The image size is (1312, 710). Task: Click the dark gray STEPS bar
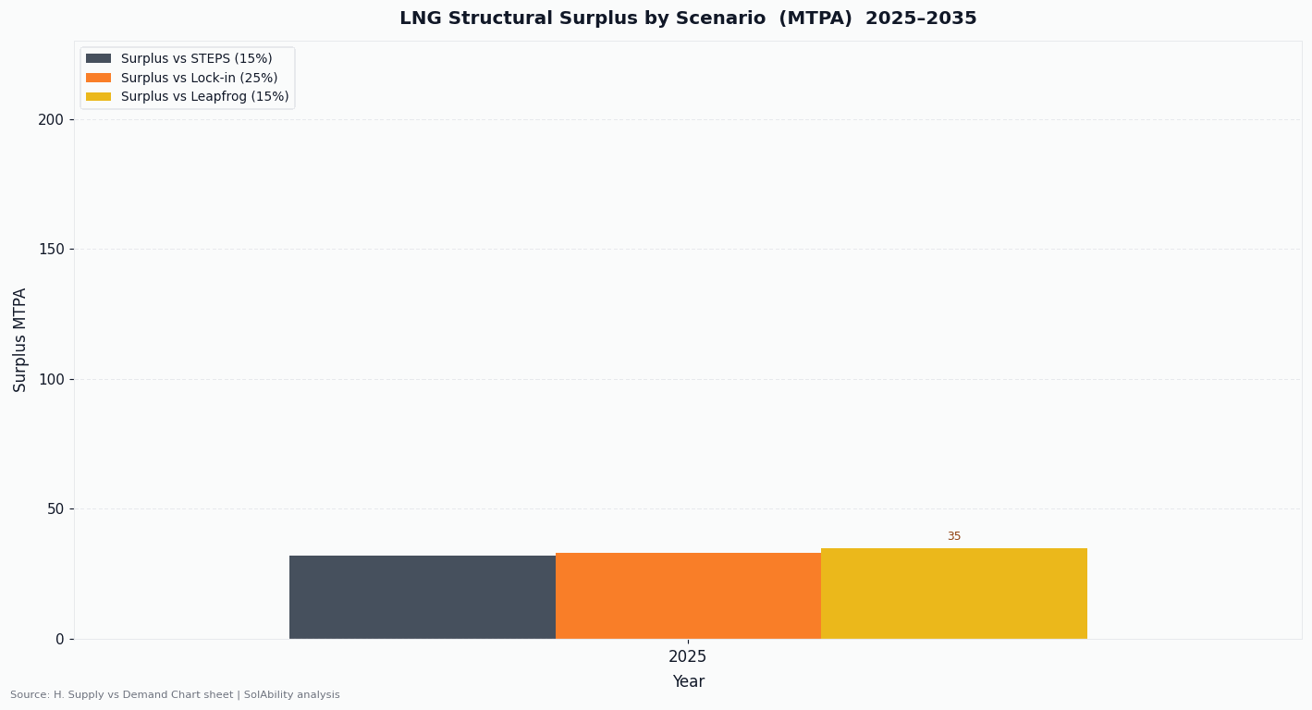[422, 596]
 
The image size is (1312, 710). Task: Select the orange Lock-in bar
[688, 595]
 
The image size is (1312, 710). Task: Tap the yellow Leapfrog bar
[953, 594]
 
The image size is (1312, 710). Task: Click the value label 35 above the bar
[953, 536]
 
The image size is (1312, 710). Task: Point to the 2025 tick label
[687, 657]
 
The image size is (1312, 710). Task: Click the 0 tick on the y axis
[59, 639]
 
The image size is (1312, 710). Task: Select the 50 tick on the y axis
[55, 509]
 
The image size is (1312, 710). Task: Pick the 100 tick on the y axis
[51, 379]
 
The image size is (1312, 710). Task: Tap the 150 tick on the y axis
[51, 250]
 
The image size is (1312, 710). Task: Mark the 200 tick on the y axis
[51, 119]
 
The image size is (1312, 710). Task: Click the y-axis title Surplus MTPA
[20, 339]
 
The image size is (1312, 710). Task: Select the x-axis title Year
[688, 682]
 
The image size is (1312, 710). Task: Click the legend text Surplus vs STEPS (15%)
[196, 59]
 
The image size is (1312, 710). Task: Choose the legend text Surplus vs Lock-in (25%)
[199, 78]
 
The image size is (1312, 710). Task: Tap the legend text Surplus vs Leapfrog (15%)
[204, 97]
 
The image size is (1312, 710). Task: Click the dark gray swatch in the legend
[98, 59]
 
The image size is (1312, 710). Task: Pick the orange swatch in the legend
[98, 78]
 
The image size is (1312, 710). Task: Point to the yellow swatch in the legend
[98, 97]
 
